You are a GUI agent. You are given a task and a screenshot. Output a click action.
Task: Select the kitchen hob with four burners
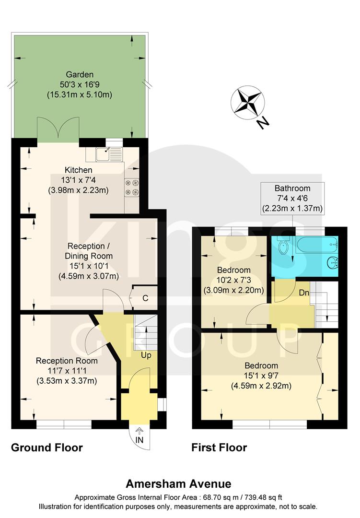(132, 187)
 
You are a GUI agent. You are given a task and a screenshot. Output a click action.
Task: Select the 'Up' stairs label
(146, 356)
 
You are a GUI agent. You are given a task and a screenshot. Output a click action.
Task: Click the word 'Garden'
(80, 74)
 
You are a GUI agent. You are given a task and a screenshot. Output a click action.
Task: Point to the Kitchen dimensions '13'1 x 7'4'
(79, 180)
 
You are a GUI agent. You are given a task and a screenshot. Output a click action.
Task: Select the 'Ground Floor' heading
(47, 447)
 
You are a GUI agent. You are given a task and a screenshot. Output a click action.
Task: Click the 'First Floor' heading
(219, 447)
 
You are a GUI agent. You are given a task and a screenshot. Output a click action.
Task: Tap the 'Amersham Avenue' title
(178, 484)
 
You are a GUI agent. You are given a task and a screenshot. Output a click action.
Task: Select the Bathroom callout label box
(292, 198)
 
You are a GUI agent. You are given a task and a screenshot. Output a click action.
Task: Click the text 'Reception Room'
(67, 361)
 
